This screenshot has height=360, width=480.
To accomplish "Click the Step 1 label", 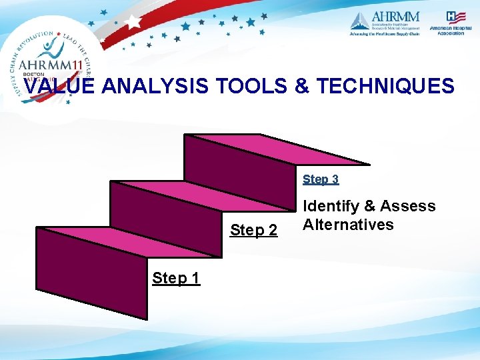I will tap(176, 278).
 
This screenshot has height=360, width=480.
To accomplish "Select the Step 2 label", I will tap(253, 231).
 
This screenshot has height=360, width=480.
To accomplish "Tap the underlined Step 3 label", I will tap(321, 179).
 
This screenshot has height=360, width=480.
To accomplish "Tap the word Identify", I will tap(332, 206).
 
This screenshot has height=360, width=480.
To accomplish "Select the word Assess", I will tap(408, 206).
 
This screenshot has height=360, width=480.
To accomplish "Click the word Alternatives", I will tap(348, 225).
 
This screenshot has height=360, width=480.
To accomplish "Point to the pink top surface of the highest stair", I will tap(277, 149).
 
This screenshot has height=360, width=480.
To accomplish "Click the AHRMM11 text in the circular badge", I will tap(49, 64).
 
